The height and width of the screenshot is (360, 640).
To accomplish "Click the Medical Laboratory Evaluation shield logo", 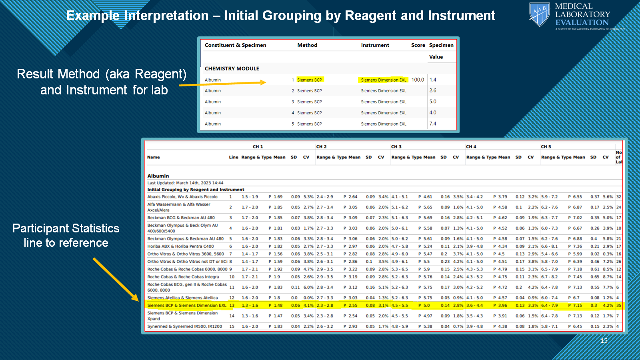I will tap(539, 14).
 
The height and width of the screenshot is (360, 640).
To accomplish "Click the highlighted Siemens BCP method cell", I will tap(309, 80).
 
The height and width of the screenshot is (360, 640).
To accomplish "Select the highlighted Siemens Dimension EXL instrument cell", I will tap(383, 80).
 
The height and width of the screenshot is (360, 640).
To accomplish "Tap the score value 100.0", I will tap(418, 80).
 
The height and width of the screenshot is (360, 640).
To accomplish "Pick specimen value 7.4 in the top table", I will tap(433, 124).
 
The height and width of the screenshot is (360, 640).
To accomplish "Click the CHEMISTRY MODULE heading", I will tap(232, 68).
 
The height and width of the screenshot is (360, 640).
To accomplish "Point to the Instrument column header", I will tap(375, 45).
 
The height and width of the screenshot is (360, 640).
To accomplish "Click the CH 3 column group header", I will tap(396, 147).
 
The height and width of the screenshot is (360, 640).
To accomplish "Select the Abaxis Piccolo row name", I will tap(182, 197).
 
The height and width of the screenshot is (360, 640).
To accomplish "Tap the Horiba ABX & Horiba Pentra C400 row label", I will tap(180, 246).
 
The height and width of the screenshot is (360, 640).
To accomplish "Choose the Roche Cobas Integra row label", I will tap(183, 277).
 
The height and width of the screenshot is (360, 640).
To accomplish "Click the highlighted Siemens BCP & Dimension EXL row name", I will tap(186, 306).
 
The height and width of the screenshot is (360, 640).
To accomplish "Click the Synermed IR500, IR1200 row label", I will tap(184, 326).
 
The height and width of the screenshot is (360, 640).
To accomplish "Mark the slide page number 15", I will tap(604, 341).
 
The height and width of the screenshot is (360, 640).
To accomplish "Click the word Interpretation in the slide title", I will tap(166, 16).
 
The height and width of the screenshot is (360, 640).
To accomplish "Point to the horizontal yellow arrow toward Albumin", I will tap(222, 84).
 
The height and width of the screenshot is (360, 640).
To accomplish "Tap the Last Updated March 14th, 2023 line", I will tap(185, 183).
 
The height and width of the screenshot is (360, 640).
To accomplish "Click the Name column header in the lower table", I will tap(153, 157).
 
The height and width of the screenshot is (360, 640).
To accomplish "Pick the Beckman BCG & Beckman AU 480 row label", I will tap(181, 218).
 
